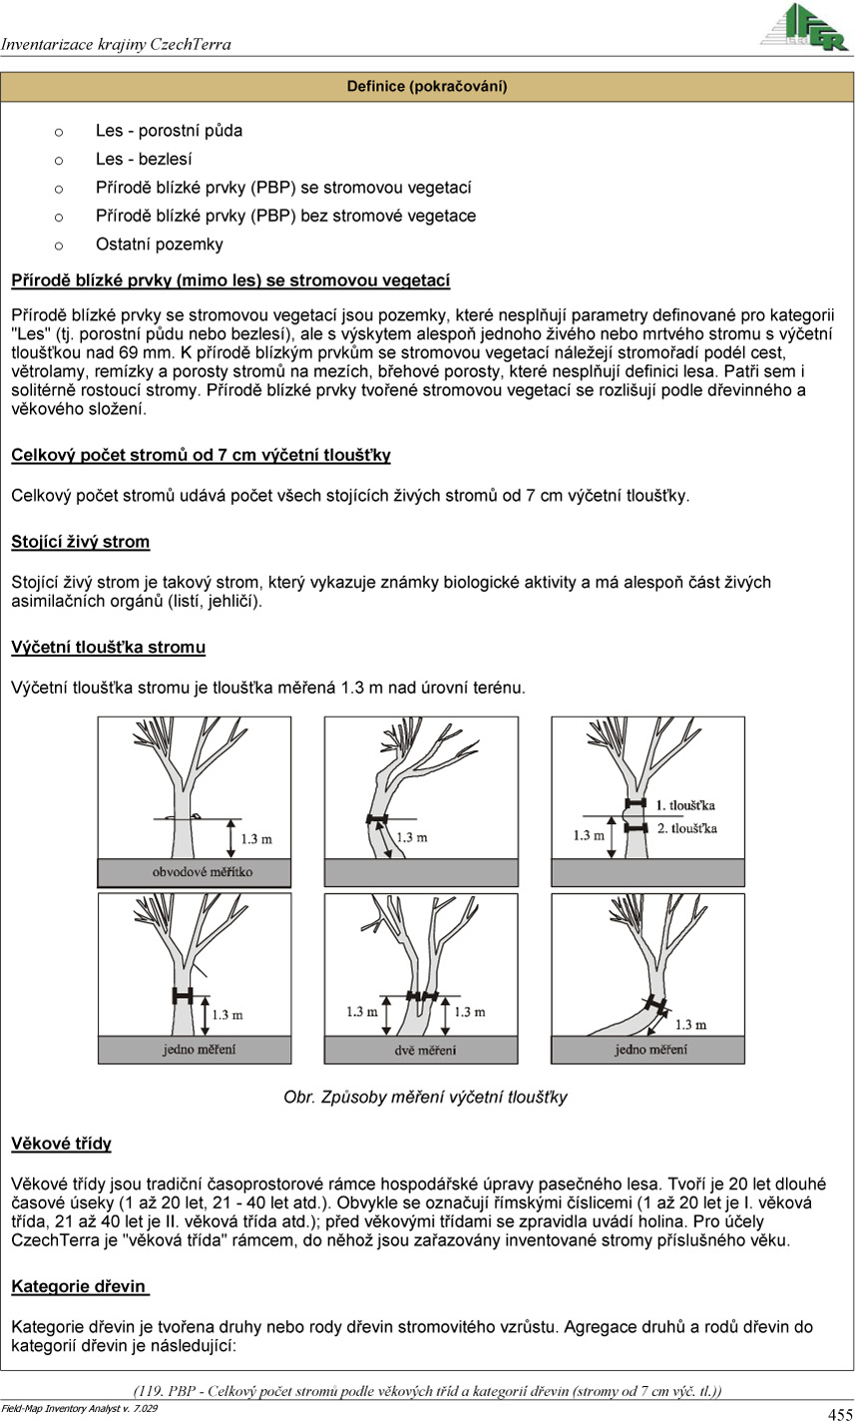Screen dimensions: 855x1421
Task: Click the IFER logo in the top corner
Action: click(x=804, y=27)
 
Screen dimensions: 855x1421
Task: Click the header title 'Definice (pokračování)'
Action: click(x=427, y=86)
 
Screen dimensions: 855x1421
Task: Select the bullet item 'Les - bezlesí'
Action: click(x=144, y=160)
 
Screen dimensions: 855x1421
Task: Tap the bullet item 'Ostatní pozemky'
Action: click(x=160, y=244)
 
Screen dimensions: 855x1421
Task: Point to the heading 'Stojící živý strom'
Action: click(x=81, y=542)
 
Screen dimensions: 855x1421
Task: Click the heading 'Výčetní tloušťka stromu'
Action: click(x=109, y=647)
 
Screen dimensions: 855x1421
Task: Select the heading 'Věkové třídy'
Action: click(x=62, y=1144)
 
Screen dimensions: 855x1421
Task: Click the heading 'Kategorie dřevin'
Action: click(x=79, y=1286)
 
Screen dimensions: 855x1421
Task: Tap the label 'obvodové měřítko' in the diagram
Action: click(x=203, y=872)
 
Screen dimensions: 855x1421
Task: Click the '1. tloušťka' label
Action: click(x=685, y=805)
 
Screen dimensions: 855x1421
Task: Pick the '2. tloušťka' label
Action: click(x=687, y=828)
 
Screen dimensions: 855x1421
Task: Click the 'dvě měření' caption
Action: click(x=425, y=1050)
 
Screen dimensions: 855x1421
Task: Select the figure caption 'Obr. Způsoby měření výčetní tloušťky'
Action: click(x=426, y=1097)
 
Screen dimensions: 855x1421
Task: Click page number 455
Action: click(x=840, y=1413)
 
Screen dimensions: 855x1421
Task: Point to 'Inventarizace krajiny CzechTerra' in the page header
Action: click(x=116, y=44)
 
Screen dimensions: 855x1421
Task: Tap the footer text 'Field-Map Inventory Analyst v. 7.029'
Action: click(x=79, y=1408)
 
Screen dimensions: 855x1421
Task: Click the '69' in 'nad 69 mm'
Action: click(x=128, y=352)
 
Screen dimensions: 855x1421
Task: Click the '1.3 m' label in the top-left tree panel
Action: click(x=256, y=839)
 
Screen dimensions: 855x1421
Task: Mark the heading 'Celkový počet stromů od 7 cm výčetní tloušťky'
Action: click(x=202, y=455)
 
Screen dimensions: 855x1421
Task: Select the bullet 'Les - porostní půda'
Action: click(x=169, y=131)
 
